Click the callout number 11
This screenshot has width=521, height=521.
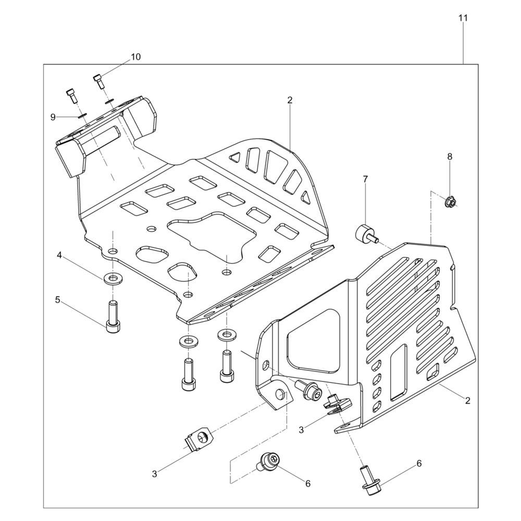(x=463, y=18)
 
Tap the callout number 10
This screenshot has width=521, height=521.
(x=135, y=57)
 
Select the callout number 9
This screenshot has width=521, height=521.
(x=53, y=117)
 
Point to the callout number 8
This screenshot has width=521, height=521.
(x=450, y=156)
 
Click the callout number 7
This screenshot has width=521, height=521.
(x=366, y=179)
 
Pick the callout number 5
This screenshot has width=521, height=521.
(x=57, y=300)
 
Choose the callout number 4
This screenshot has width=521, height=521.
(x=59, y=255)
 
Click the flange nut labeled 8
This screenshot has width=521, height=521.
(x=451, y=201)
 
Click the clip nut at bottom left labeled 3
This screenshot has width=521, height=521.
(x=197, y=439)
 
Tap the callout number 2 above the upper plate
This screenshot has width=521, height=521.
(x=290, y=101)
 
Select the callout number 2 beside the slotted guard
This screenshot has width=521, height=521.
(x=468, y=401)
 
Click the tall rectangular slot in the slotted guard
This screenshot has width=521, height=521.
(x=398, y=372)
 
